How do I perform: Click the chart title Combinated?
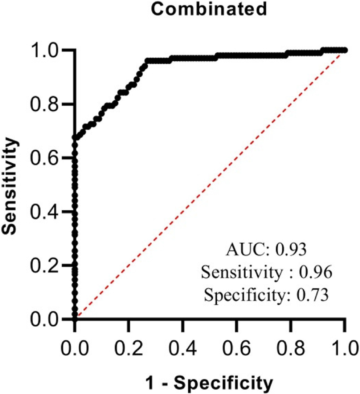click(x=208, y=10)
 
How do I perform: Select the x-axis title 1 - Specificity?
click(x=209, y=383)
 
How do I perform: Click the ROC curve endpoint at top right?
click(x=344, y=50)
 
